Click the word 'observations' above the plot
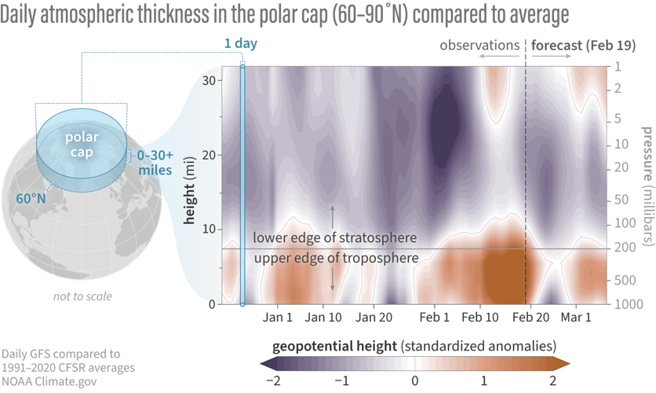click(x=479, y=46)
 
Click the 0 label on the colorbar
click(x=415, y=381)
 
